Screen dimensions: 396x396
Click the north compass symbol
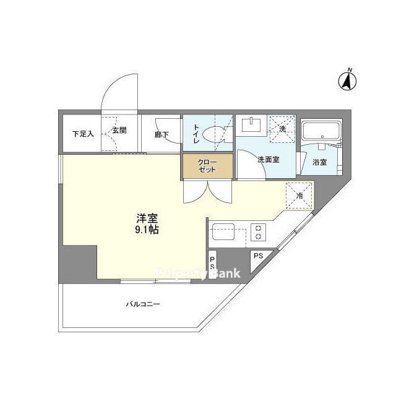(348, 80)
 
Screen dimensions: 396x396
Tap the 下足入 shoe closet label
(83, 134)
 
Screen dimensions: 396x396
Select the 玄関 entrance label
(119, 131)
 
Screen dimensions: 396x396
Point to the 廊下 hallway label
(161, 135)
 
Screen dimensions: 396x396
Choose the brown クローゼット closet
(207, 166)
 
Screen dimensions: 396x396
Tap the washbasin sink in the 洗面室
(251, 124)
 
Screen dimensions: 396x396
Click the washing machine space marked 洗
(282, 129)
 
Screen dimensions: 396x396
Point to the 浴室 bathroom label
(319, 162)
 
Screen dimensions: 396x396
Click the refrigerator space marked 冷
(299, 196)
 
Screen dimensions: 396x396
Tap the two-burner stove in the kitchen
(258, 232)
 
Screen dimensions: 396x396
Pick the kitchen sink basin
(223, 231)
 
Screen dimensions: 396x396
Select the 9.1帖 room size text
(147, 230)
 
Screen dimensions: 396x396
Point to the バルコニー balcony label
(143, 304)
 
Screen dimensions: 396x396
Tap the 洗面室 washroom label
(269, 160)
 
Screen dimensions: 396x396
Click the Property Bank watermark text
(197, 273)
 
